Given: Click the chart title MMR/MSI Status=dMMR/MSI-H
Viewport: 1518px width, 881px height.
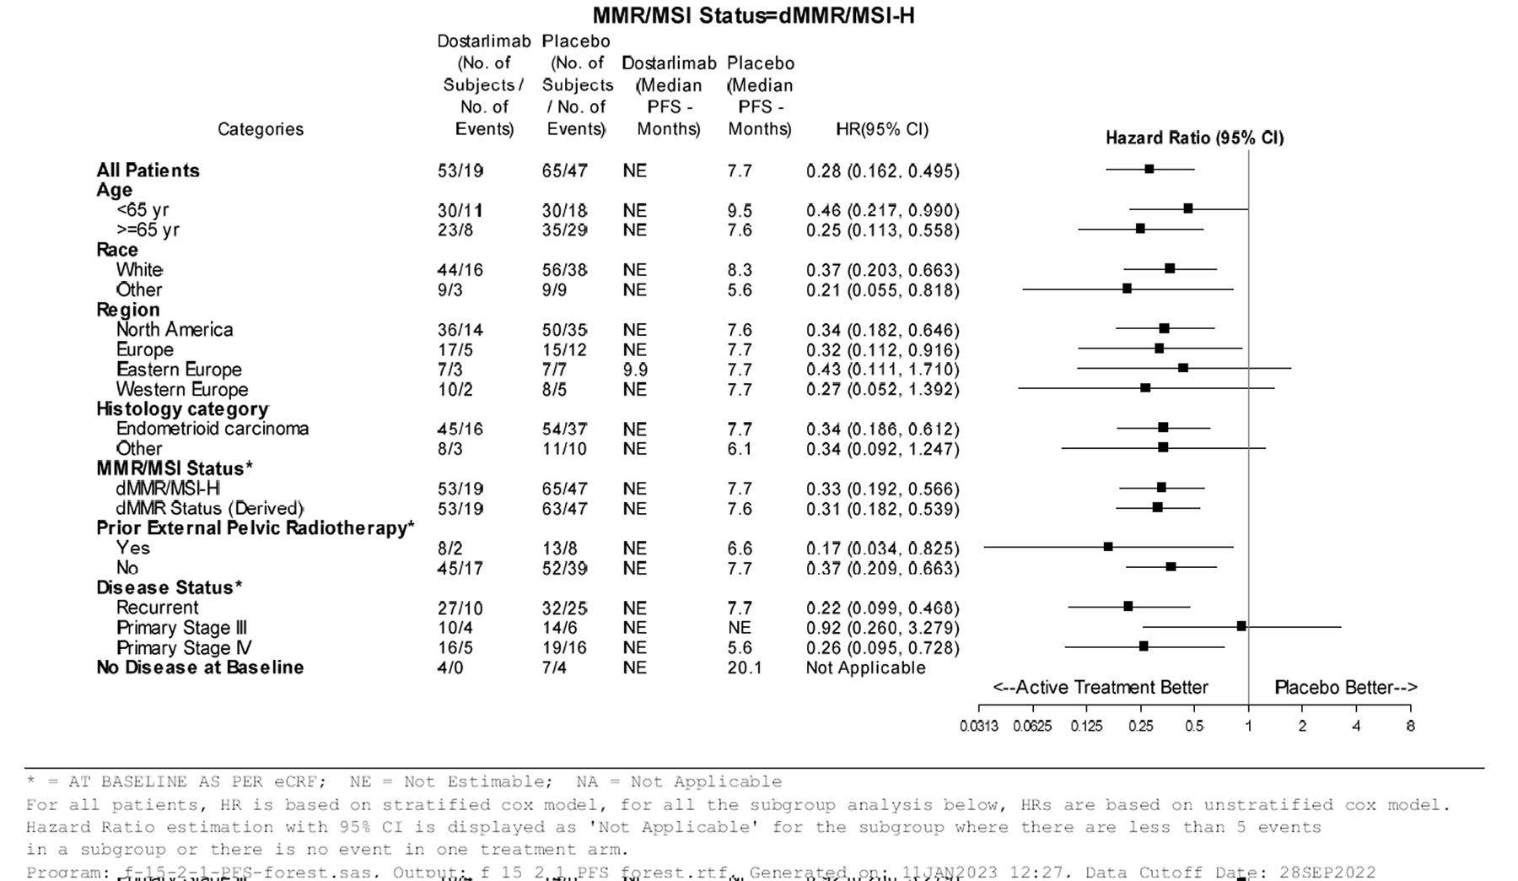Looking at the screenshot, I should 753,15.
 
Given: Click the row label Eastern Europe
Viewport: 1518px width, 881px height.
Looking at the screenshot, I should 179,370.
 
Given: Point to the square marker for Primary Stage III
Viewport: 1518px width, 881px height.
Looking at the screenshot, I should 1241,626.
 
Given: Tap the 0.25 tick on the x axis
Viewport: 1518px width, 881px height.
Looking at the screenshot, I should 1140,726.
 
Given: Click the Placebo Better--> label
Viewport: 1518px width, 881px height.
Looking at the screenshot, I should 1345,688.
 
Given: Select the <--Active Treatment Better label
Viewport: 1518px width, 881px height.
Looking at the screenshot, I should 1101,688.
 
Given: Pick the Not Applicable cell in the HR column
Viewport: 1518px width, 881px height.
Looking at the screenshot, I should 865,668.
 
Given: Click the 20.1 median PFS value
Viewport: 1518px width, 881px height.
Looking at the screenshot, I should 744,668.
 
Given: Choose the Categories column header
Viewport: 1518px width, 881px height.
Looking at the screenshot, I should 260,129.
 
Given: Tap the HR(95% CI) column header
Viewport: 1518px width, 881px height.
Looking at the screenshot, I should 881,129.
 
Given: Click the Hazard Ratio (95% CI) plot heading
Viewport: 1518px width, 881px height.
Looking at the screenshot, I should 1194,138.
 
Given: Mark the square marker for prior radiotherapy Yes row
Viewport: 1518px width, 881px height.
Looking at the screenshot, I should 1108,547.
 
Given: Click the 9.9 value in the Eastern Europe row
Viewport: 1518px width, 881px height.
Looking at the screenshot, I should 635,370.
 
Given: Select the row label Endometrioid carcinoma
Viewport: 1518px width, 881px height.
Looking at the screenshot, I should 213,429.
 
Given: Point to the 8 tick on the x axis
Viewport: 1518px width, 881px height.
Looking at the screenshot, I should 1410,726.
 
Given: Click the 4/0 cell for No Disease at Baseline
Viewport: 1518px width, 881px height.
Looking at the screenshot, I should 449,668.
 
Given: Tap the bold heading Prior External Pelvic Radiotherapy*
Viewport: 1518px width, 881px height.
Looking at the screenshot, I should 256,528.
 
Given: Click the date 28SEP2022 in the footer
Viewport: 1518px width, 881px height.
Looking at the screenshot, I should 1327,872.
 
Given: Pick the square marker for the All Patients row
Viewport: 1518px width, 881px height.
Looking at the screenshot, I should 1149,169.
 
